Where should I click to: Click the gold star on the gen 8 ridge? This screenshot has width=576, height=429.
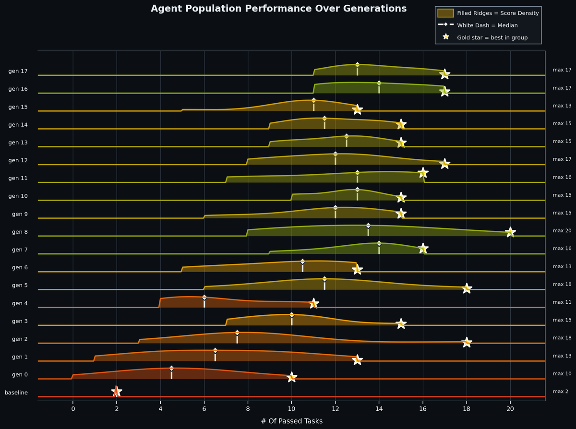point(510,232)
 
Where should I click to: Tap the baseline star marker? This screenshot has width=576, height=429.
point(117,392)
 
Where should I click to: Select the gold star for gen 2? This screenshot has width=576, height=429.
point(467,342)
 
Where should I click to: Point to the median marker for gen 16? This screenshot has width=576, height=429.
point(379,83)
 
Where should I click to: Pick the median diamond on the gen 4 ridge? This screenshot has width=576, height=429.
point(204,298)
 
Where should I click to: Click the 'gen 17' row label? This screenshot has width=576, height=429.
point(18,71)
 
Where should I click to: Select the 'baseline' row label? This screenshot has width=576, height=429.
point(16,393)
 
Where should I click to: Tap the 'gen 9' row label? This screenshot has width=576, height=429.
point(20,214)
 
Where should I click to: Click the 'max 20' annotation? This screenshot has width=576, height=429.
point(562,231)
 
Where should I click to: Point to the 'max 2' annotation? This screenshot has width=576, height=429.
point(560,392)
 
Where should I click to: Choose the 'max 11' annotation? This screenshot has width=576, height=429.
point(562,302)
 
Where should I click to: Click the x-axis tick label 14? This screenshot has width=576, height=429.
point(379,409)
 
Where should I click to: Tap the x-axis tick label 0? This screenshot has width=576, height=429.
point(73,409)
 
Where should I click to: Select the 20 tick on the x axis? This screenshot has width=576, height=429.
point(510,409)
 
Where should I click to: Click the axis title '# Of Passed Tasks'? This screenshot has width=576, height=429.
point(291,421)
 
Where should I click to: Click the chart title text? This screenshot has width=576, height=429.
point(278,9)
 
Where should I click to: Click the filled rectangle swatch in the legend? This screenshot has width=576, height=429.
point(445,13)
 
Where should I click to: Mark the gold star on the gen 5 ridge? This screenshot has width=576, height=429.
point(467,288)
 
